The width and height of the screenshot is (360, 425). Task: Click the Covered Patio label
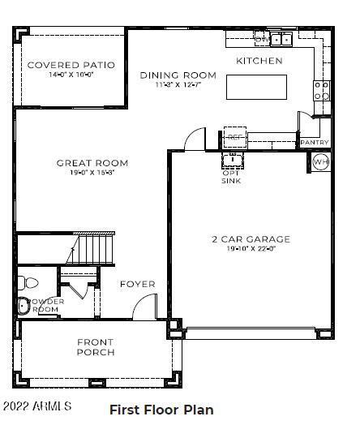[71, 65]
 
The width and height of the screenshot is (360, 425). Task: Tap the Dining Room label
[178, 75]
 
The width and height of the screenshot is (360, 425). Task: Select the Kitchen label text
[259, 61]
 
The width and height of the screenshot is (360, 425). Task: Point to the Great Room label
[92, 163]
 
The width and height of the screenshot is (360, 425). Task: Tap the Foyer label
[137, 285]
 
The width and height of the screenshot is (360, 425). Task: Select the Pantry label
[314, 143]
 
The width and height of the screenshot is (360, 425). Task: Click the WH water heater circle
[320, 161]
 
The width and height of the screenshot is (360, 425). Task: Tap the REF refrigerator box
[235, 137]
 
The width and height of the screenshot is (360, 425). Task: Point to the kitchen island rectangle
[256, 86]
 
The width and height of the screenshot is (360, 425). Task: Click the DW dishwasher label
[261, 38]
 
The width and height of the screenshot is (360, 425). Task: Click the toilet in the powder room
[24, 307]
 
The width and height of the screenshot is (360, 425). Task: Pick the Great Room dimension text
[92, 173]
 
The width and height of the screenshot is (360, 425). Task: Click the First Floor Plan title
[161, 410]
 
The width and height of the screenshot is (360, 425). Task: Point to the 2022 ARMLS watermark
[36, 405]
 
